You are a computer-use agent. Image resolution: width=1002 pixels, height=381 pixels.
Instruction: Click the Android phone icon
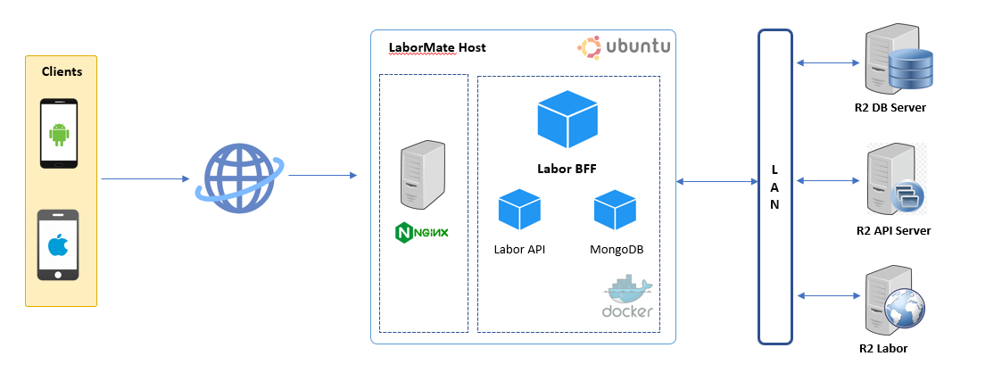(x=59, y=134)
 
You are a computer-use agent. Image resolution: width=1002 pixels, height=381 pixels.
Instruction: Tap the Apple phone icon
(x=59, y=245)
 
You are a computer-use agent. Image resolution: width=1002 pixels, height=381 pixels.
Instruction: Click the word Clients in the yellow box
(x=62, y=71)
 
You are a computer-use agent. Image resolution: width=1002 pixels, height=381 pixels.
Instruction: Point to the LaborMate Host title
(x=437, y=47)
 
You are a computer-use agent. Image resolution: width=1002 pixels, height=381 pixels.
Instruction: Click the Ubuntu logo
(x=624, y=46)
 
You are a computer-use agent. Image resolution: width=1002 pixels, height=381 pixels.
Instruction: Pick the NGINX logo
(x=421, y=233)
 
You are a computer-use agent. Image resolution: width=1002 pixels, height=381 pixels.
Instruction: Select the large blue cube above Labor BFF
(x=567, y=119)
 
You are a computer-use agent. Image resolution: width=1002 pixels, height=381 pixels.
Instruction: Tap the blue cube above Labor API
(x=519, y=210)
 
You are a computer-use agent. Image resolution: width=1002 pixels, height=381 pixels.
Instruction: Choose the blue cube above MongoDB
(x=616, y=210)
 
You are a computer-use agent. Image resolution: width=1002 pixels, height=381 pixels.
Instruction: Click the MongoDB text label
(x=617, y=250)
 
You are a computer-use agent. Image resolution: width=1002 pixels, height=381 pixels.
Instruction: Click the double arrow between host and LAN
(x=717, y=182)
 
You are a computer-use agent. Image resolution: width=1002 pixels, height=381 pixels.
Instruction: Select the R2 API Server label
(x=893, y=230)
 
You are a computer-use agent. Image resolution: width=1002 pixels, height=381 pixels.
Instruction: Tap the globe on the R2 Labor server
(x=907, y=313)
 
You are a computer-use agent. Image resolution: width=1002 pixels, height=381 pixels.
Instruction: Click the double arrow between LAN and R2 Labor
(x=829, y=295)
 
